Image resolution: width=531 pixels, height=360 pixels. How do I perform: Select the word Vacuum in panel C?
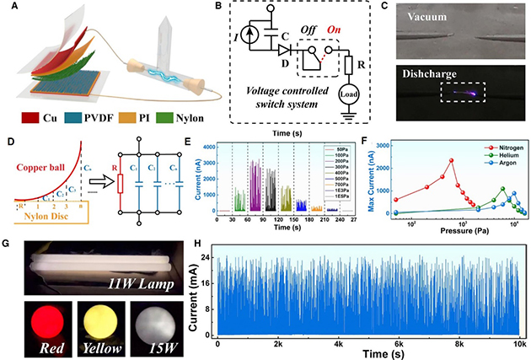[x=437, y=17]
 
